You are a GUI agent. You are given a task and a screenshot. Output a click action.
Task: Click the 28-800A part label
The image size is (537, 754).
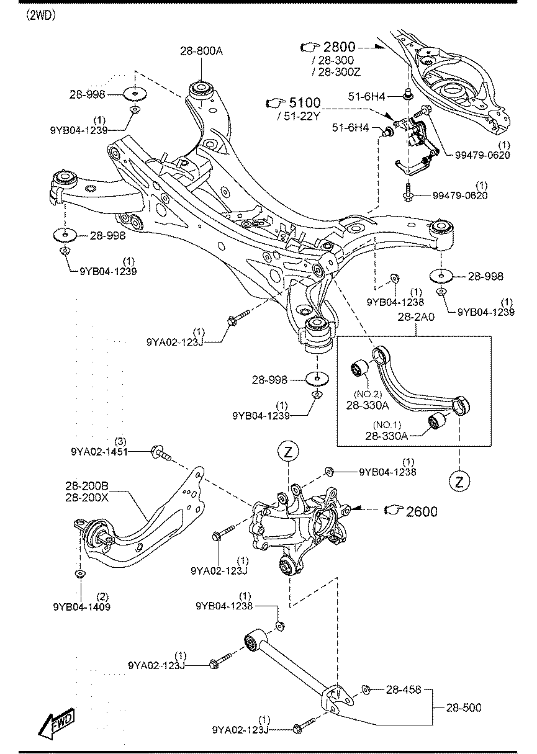pos(201,52)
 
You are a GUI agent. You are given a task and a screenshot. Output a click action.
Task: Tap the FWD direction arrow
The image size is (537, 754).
pos(55,723)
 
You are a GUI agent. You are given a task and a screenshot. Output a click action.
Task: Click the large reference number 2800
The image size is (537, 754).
pos(339,47)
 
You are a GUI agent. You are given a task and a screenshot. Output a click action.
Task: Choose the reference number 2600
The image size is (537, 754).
pos(421,511)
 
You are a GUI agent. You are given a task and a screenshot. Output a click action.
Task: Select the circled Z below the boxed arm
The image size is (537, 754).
pos(459,480)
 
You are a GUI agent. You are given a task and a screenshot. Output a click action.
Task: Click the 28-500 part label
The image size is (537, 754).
pos(463,707)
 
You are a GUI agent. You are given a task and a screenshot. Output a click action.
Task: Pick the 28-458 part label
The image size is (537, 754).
pos(404,689)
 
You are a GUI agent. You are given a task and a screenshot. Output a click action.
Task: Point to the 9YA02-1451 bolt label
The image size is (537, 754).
pos(99,451)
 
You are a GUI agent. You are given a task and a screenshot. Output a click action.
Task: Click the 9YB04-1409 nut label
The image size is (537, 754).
pos(81,606)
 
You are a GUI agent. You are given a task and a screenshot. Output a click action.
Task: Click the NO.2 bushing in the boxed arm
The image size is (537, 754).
pos(359,368)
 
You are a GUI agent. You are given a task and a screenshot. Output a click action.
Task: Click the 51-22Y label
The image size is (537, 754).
pos(304,115)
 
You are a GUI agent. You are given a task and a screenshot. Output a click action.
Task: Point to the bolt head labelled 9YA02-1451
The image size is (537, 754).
pos(156,451)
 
